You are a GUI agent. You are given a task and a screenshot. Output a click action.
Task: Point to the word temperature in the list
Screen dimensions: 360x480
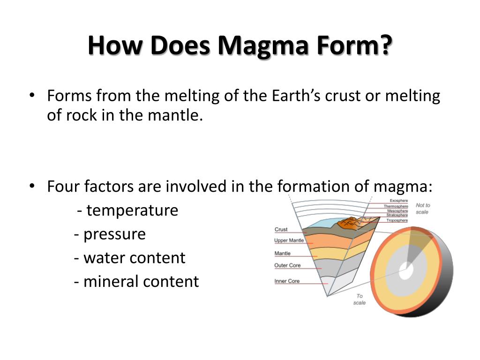[x=132, y=210]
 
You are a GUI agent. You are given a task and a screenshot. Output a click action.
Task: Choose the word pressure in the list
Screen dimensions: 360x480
[x=114, y=234]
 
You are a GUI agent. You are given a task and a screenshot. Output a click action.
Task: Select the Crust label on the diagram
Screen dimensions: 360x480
[x=281, y=230]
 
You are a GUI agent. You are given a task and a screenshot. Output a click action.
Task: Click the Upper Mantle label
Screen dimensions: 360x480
[x=289, y=240]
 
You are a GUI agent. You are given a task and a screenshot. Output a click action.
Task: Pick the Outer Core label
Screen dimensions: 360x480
[x=287, y=265]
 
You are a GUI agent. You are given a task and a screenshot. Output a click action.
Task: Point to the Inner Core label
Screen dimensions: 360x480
[x=287, y=281]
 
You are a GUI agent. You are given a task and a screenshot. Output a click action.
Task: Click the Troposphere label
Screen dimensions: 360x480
[x=397, y=220]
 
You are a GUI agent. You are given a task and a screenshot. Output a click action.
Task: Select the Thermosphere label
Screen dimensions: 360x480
[x=396, y=206]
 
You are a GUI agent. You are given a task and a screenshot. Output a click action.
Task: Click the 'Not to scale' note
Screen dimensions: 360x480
[x=422, y=209]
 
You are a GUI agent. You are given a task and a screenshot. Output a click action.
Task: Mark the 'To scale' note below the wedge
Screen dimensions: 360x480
[x=360, y=299]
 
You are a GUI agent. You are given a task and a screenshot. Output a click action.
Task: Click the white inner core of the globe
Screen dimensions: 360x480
[x=406, y=270]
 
